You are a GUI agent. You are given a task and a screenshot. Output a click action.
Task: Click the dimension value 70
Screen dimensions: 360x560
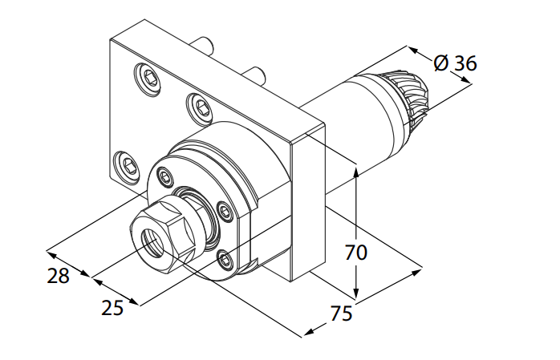[355, 253]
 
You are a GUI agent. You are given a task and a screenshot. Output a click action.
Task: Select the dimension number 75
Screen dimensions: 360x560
[341, 314]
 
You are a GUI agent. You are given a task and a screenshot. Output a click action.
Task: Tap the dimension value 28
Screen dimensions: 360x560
[58, 276]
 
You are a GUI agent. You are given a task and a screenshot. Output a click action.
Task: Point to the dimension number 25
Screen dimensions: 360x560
[112, 308]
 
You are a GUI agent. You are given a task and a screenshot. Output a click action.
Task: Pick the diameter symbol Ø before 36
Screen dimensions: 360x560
[440, 63]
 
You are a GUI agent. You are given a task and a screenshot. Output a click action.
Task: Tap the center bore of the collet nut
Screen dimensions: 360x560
[153, 241]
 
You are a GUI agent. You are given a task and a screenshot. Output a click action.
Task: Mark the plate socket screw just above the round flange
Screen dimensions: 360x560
[199, 103]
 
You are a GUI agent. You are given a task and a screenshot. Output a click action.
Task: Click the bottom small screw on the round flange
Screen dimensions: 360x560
[225, 258]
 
